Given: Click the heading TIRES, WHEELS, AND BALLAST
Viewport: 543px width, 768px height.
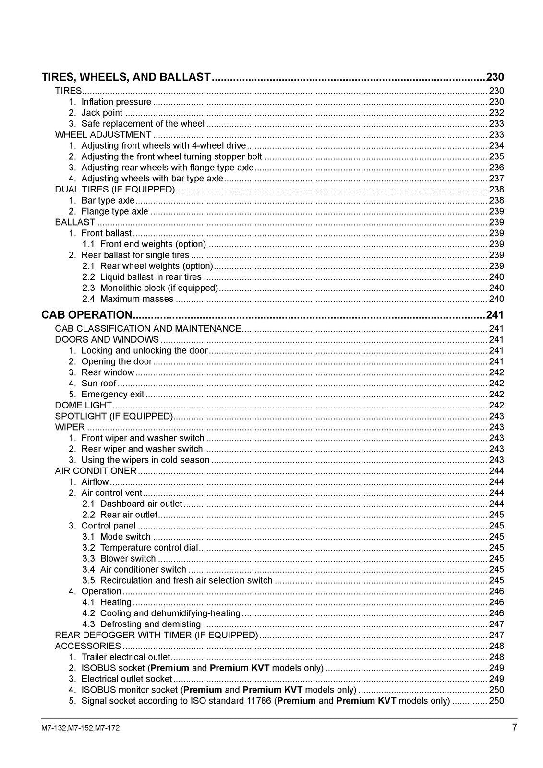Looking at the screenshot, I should coord(126,77).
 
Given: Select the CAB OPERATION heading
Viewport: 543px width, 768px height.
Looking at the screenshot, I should coord(86,315).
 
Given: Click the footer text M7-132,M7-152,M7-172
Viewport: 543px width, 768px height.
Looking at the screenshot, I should coord(81,728).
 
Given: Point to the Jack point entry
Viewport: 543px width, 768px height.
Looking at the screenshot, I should coord(102,113).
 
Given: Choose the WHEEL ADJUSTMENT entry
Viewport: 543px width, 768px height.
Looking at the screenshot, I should coord(103,135).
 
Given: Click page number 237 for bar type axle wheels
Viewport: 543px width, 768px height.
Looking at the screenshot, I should coord(496,179).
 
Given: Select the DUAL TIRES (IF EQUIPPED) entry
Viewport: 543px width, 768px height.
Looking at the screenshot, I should coord(115,190).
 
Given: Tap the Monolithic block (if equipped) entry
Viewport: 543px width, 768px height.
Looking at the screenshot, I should coord(159,288).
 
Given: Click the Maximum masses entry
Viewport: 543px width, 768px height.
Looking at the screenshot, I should coord(137,299).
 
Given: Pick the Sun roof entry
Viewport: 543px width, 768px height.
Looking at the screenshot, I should coord(99,384).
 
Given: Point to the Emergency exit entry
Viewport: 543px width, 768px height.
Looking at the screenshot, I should coord(113,395).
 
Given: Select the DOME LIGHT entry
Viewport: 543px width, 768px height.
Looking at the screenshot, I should coord(83,405).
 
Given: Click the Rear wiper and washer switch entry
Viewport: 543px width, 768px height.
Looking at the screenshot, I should coord(142,449).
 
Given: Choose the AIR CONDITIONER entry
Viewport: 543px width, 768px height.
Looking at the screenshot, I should coord(96,471).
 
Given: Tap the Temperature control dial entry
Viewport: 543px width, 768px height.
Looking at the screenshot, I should coord(149,548).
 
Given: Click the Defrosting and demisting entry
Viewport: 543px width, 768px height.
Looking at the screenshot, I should coord(150,624).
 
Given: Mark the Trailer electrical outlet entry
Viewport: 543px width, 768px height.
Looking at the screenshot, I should coord(126,657).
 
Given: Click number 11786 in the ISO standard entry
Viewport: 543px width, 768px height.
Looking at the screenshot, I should coord(260,701).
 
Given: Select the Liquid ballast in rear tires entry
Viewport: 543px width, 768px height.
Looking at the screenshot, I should coord(151,277).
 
